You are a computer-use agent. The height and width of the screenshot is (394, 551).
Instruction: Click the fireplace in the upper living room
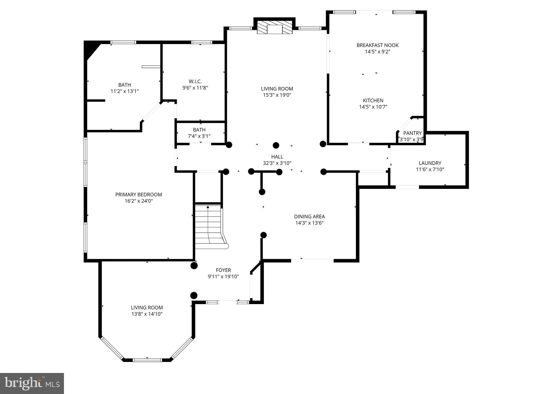274,27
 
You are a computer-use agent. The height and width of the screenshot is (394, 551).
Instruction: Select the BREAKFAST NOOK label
377,45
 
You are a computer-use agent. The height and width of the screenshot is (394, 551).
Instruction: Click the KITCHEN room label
373,100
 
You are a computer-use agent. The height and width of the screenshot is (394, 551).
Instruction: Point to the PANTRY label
412,133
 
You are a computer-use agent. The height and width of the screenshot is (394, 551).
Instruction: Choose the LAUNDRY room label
430,163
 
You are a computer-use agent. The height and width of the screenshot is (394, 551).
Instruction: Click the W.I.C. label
195,81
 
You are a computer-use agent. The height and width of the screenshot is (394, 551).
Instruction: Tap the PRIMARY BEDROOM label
139,195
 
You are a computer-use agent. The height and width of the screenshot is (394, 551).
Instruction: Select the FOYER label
223,270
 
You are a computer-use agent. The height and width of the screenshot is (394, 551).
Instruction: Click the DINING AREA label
309,216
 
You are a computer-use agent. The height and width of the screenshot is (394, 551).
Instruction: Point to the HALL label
277,157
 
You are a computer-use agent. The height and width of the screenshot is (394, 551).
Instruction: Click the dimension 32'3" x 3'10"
277,163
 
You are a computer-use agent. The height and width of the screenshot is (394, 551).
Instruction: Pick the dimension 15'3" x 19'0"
277,95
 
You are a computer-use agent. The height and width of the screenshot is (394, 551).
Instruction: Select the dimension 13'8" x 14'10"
147,314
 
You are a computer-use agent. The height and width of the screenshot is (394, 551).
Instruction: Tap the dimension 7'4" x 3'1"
199,136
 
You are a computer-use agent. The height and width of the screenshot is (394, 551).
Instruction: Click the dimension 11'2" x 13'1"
125,91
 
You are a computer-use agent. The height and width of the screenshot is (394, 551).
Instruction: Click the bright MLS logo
32,383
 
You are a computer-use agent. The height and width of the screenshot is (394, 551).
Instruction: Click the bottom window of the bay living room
147,360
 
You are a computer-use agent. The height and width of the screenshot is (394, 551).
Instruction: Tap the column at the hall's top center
276,145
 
